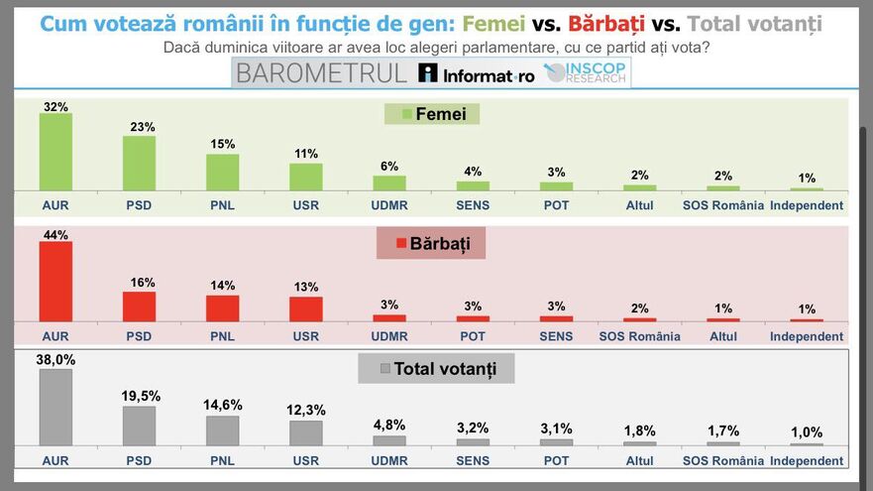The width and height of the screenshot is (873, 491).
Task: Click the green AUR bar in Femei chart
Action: (x=55, y=152)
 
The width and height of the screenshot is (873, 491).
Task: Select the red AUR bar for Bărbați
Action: (x=55, y=282)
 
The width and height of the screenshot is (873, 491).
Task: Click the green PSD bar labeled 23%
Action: (x=139, y=163)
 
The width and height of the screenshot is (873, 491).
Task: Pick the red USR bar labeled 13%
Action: (x=306, y=308)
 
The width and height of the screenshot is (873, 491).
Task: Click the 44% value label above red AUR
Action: (x=55, y=235)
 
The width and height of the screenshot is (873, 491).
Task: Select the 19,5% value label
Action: (x=139, y=397)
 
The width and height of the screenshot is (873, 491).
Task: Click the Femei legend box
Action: (x=432, y=114)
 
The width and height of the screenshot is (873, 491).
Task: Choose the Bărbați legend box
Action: (x=431, y=243)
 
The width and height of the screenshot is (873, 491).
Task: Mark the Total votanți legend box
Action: (x=436, y=369)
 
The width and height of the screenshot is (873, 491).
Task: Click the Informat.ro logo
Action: (x=476, y=73)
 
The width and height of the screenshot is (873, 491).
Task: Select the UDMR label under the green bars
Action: (x=389, y=206)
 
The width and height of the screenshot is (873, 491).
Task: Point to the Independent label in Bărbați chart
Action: (x=807, y=336)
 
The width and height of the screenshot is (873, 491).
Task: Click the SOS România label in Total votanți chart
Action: (x=723, y=461)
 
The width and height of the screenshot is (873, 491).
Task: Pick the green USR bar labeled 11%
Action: (x=306, y=177)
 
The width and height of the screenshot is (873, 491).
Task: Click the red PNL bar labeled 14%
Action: (x=222, y=307)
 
